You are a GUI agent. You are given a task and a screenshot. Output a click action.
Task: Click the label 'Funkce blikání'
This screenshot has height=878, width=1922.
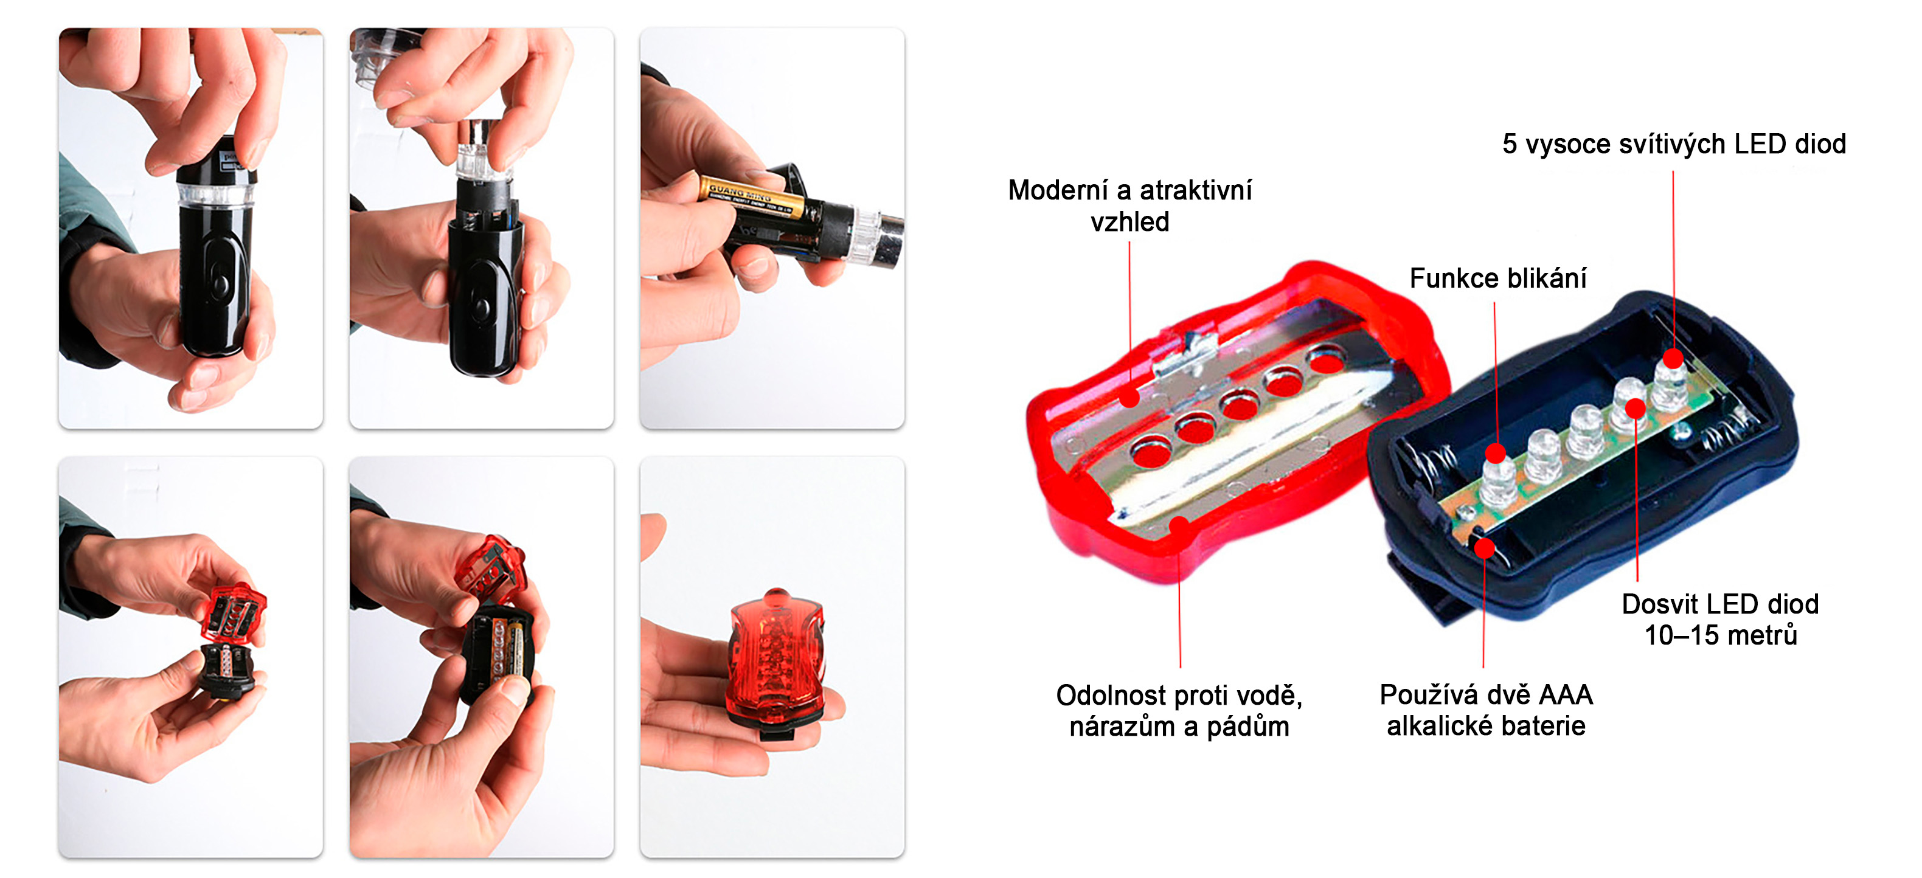click(x=1497, y=278)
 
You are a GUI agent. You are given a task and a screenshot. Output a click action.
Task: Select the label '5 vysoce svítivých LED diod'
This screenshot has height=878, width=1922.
click(x=1674, y=143)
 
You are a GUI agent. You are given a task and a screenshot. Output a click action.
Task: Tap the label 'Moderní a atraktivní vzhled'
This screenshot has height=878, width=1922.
click(x=1129, y=205)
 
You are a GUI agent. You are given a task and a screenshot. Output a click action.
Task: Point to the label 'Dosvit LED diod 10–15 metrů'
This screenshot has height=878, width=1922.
click(x=1720, y=619)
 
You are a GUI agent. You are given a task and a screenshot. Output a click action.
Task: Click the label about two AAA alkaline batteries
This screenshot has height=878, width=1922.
click(x=1485, y=710)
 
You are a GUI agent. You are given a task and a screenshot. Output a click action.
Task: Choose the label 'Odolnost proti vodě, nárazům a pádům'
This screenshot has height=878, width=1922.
click(x=1179, y=710)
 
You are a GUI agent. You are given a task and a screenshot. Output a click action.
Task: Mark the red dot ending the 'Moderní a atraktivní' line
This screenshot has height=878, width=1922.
click(x=1129, y=398)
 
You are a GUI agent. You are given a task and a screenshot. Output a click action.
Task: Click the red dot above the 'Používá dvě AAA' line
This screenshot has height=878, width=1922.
click(x=1485, y=548)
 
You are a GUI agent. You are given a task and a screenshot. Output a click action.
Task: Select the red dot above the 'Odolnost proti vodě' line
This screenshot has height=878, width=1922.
click(x=1179, y=526)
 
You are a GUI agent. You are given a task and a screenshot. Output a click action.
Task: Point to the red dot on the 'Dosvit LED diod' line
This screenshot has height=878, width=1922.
click(x=1636, y=408)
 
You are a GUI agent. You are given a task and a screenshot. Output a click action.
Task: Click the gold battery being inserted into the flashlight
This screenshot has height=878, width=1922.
click(x=754, y=195)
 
